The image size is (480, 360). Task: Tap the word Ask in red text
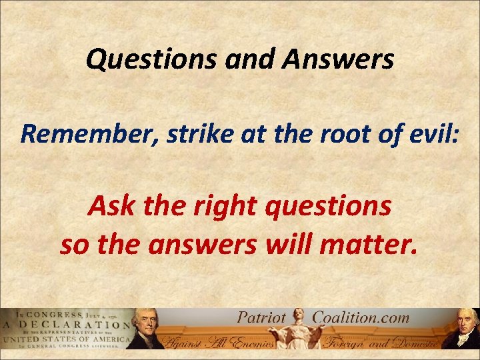pyautogui.click(x=108, y=207)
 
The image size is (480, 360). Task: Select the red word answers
pyautogui.click(x=200, y=245)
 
